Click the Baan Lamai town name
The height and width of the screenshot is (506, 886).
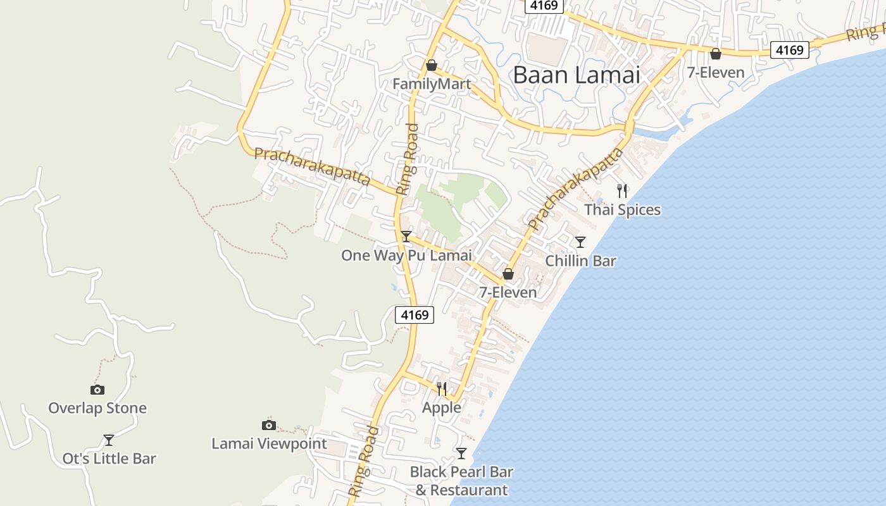[x=576, y=75]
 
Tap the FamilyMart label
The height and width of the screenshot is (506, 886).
[x=431, y=84]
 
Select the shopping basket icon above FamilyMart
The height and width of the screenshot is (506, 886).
[x=432, y=65]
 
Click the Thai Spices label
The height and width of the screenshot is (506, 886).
[x=622, y=209]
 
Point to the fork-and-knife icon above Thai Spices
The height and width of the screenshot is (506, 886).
[x=622, y=190]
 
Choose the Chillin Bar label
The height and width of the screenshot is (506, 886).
[x=580, y=261]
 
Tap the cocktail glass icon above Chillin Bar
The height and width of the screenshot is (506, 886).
[x=580, y=242]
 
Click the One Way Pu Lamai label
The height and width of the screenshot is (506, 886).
[x=406, y=256]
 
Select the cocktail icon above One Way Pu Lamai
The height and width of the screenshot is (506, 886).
[x=406, y=237]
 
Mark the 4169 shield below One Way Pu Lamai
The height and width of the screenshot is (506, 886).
[x=415, y=314]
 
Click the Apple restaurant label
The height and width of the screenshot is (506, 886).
[x=442, y=408]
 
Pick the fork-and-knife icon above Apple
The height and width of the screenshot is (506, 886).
[x=442, y=388]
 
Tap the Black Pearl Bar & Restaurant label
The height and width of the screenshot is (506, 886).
[x=461, y=481]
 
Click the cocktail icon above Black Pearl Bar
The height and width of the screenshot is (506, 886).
[x=461, y=453]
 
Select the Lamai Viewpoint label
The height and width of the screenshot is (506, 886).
[x=269, y=444]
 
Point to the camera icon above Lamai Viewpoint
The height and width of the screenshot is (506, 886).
[x=269, y=425]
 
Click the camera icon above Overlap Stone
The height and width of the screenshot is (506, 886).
[x=97, y=390]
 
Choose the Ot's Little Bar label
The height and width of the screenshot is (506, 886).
[x=109, y=459]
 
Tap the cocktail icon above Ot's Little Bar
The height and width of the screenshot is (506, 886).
[x=109, y=440]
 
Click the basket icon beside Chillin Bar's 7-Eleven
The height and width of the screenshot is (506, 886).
[x=508, y=274]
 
